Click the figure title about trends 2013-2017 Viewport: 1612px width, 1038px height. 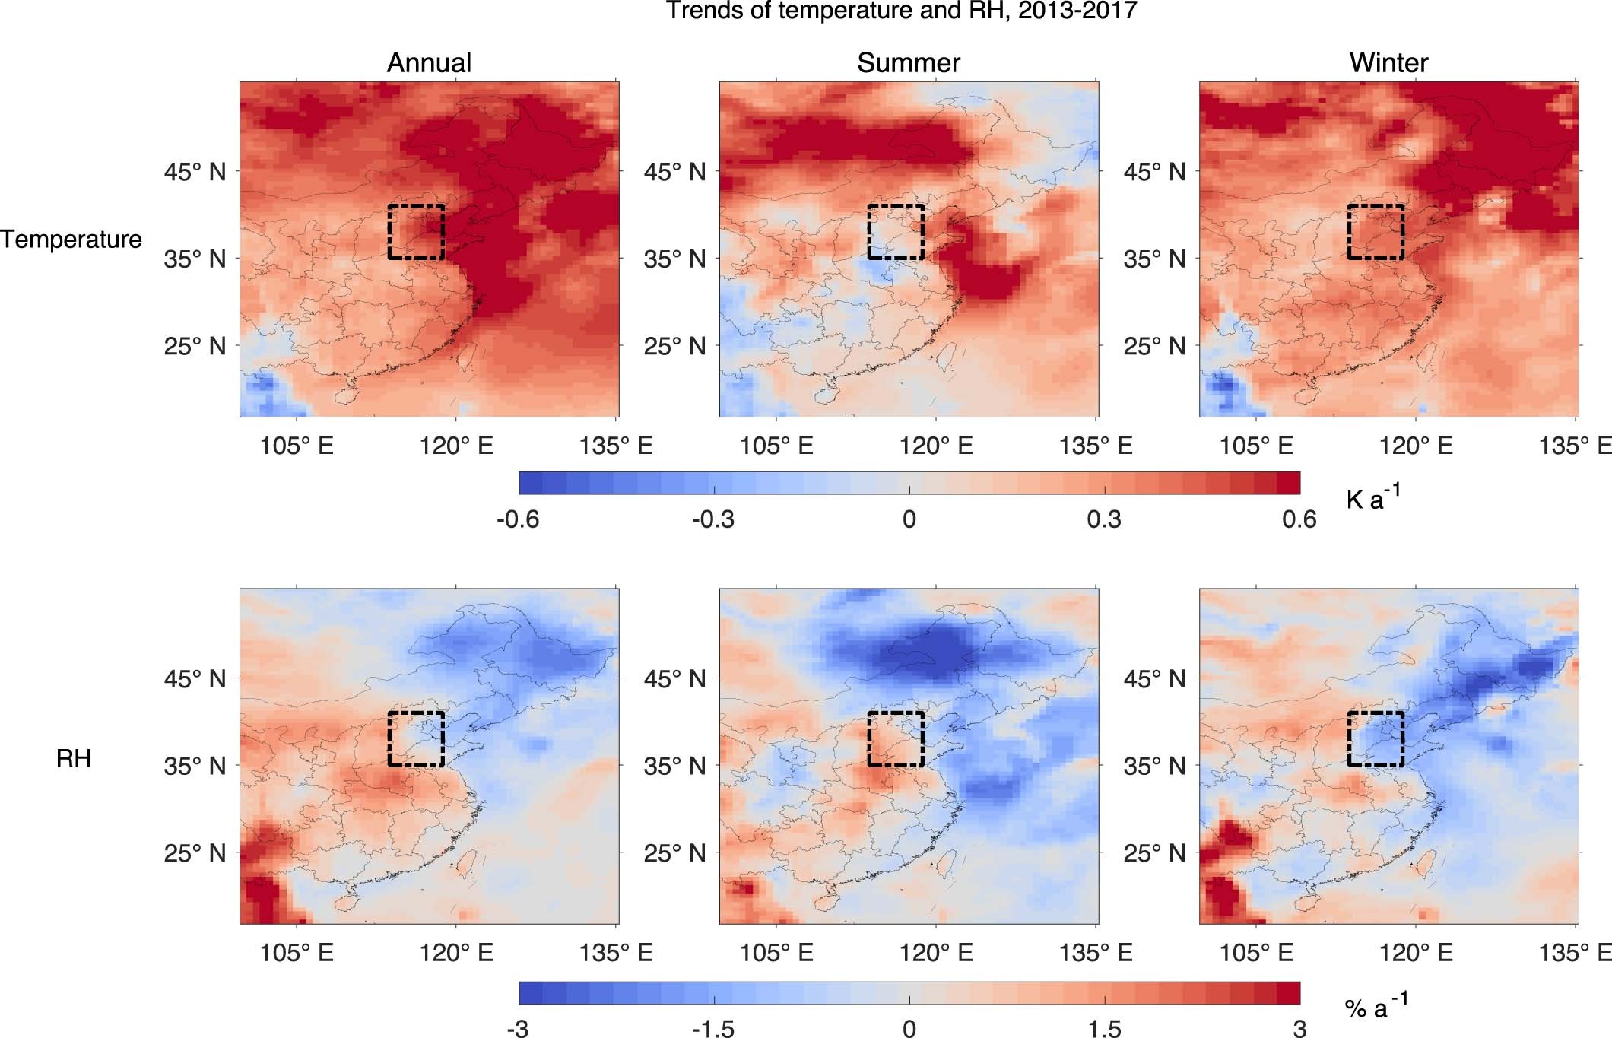click(901, 11)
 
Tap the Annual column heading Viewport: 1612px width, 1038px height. click(429, 62)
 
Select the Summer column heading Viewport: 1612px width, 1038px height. click(908, 62)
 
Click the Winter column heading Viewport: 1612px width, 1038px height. click(1388, 62)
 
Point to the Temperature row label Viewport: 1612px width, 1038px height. click(71, 240)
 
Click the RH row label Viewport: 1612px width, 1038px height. click(74, 758)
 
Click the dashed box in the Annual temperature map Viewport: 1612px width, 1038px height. click(416, 232)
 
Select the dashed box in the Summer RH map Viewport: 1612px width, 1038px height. click(896, 738)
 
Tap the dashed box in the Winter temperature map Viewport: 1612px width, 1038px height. click(1376, 232)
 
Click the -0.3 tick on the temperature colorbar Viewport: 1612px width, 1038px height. click(713, 519)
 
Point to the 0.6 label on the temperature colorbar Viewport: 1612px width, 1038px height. click(1299, 519)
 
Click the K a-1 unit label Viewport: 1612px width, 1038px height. click(1372, 498)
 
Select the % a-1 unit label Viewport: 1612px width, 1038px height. click(1376, 1007)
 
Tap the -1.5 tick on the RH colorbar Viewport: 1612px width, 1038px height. click(713, 1028)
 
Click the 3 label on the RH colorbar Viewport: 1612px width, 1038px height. click(1299, 1028)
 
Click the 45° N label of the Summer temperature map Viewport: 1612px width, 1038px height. click(674, 172)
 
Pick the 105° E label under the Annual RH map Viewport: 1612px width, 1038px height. click(297, 952)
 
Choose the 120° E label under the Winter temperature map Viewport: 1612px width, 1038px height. click(1416, 446)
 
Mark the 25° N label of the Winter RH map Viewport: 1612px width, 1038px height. click(1154, 853)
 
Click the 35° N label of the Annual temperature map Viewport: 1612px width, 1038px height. click(195, 259)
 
